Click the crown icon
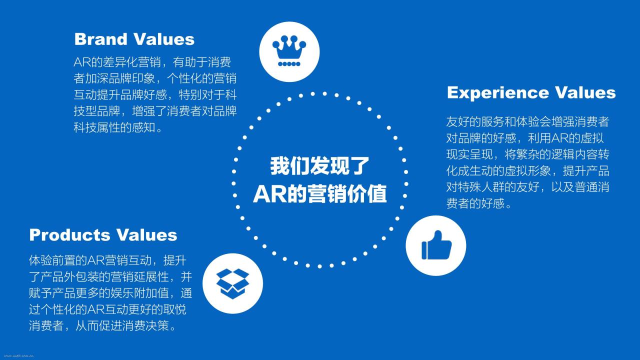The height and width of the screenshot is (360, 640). (x=289, y=51)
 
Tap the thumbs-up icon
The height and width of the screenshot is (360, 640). (x=436, y=245)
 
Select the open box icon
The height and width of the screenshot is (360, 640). (x=232, y=283)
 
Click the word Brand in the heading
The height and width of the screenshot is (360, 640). (x=100, y=39)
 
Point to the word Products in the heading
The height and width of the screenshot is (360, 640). (x=69, y=235)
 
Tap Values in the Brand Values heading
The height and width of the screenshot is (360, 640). (x=163, y=39)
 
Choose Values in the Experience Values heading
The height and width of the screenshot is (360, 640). (x=585, y=92)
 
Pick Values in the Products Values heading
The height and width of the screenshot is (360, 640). (x=146, y=235)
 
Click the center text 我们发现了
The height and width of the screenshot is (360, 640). (x=319, y=165)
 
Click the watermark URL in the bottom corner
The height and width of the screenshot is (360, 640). (x=19, y=356)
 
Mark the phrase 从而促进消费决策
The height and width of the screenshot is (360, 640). (x=122, y=325)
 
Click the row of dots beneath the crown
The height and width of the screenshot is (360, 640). (x=289, y=63)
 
